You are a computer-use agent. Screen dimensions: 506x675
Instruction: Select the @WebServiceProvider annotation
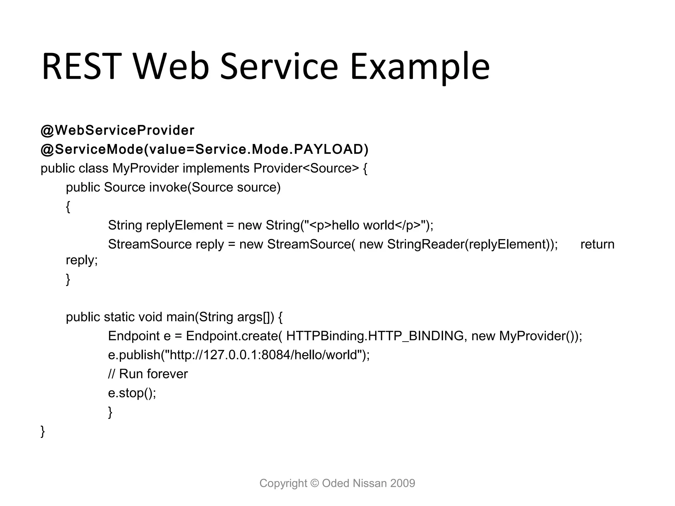[117, 130]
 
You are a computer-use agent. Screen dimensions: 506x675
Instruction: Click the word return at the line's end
[597, 244]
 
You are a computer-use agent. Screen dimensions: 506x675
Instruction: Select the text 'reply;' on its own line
[82, 260]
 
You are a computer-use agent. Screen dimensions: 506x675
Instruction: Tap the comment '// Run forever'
[148, 374]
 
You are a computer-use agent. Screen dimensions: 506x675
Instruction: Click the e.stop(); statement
[132, 393]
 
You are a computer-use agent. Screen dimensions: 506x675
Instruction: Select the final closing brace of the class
[43, 431]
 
